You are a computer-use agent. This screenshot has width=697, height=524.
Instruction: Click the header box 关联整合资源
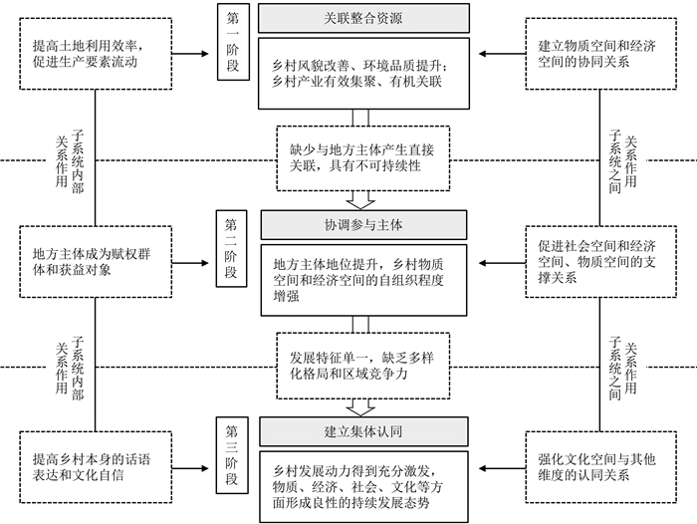point(363,18)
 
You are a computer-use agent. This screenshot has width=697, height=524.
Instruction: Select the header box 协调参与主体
point(363,225)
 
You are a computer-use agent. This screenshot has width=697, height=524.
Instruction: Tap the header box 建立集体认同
point(363,431)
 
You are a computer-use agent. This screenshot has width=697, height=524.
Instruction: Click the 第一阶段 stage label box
point(233,42)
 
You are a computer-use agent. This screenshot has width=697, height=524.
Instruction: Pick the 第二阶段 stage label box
point(231,249)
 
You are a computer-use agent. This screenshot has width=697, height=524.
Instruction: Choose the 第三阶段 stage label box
point(232,455)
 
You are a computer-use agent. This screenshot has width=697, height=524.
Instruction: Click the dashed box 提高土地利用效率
point(96,54)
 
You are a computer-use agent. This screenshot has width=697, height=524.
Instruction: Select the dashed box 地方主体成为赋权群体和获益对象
point(96,262)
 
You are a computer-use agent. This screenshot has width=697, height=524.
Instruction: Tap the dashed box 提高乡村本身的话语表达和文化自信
point(96,467)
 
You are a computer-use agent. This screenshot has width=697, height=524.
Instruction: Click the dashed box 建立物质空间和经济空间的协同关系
point(601,54)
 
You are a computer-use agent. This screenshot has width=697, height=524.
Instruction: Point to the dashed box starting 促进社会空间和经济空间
point(601,262)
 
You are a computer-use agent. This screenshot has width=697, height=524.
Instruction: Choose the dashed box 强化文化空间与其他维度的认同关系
point(601,467)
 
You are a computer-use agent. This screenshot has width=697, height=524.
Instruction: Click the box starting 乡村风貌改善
point(363,74)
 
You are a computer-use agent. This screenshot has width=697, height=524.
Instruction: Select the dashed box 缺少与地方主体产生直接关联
point(363,158)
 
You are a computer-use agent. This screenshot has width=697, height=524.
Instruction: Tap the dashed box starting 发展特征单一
point(363,366)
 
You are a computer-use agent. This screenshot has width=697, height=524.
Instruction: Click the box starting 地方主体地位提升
point(363,280)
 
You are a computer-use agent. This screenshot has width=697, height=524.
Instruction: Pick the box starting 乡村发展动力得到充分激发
point(363,486)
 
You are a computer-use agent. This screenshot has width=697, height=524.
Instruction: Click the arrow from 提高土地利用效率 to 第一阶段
point(190,54)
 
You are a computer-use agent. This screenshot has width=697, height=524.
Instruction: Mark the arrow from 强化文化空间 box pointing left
point(502,468)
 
